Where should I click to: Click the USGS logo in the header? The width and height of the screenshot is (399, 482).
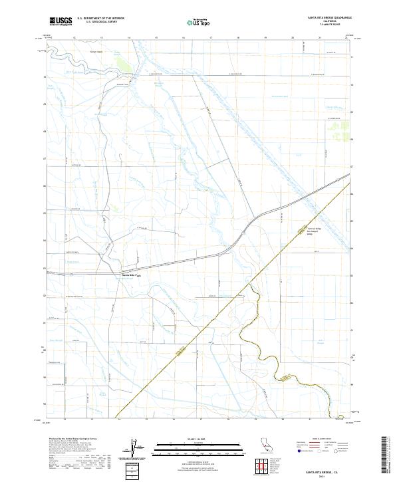[61, 21]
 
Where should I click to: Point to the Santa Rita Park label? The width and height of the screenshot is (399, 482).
[130, 275]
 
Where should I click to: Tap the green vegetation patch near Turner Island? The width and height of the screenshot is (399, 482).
[123, 64]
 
